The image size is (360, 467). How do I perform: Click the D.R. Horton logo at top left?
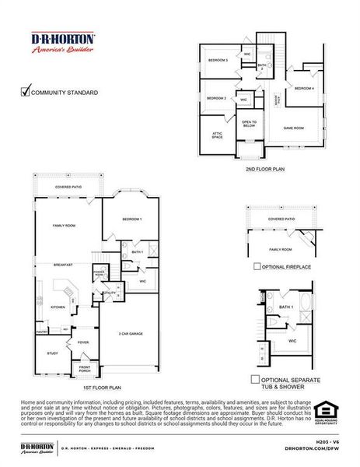tap(63, 42)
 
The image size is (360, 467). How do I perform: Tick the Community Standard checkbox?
tap(25, 92)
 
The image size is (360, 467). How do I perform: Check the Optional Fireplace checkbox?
tap(257, 266)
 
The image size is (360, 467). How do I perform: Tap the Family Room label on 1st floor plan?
tap(64, 225)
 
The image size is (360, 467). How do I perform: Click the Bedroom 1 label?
tap(131, 219)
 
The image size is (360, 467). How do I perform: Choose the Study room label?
tap(52, 353)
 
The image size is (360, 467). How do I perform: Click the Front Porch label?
tap(85, 369)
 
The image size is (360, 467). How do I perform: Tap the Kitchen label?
tap(58, 307)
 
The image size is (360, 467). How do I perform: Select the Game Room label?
tap(293, 128)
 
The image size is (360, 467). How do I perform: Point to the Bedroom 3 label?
tap(217, 60)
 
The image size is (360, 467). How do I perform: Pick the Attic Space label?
tap(217, 134)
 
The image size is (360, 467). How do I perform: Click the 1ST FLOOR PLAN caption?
tap(103, 387)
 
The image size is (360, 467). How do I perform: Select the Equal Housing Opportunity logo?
tap(325, 411)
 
